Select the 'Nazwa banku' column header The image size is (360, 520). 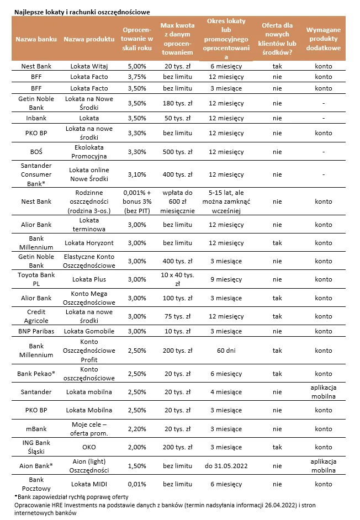[36, 39]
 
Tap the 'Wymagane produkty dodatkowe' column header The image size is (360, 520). [323, 39]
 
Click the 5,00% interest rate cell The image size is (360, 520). [136, 66]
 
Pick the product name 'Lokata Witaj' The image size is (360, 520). [89, 66]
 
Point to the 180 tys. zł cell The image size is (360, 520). [177, 103]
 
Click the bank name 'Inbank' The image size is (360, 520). [36, 118]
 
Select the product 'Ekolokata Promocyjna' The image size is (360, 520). [89, 152]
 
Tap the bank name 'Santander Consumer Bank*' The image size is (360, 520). [36, 174]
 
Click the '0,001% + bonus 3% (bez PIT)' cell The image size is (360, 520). [136, 201]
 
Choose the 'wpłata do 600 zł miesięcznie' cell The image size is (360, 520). [177, 201]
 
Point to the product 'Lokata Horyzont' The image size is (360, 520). [89, 243]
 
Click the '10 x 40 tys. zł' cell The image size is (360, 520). [177, 279]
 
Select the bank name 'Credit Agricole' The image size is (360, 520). [36, 316]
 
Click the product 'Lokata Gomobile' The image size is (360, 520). [89, 331]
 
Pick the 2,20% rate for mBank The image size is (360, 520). [136, 429]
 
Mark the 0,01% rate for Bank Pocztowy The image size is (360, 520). [136, 484]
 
